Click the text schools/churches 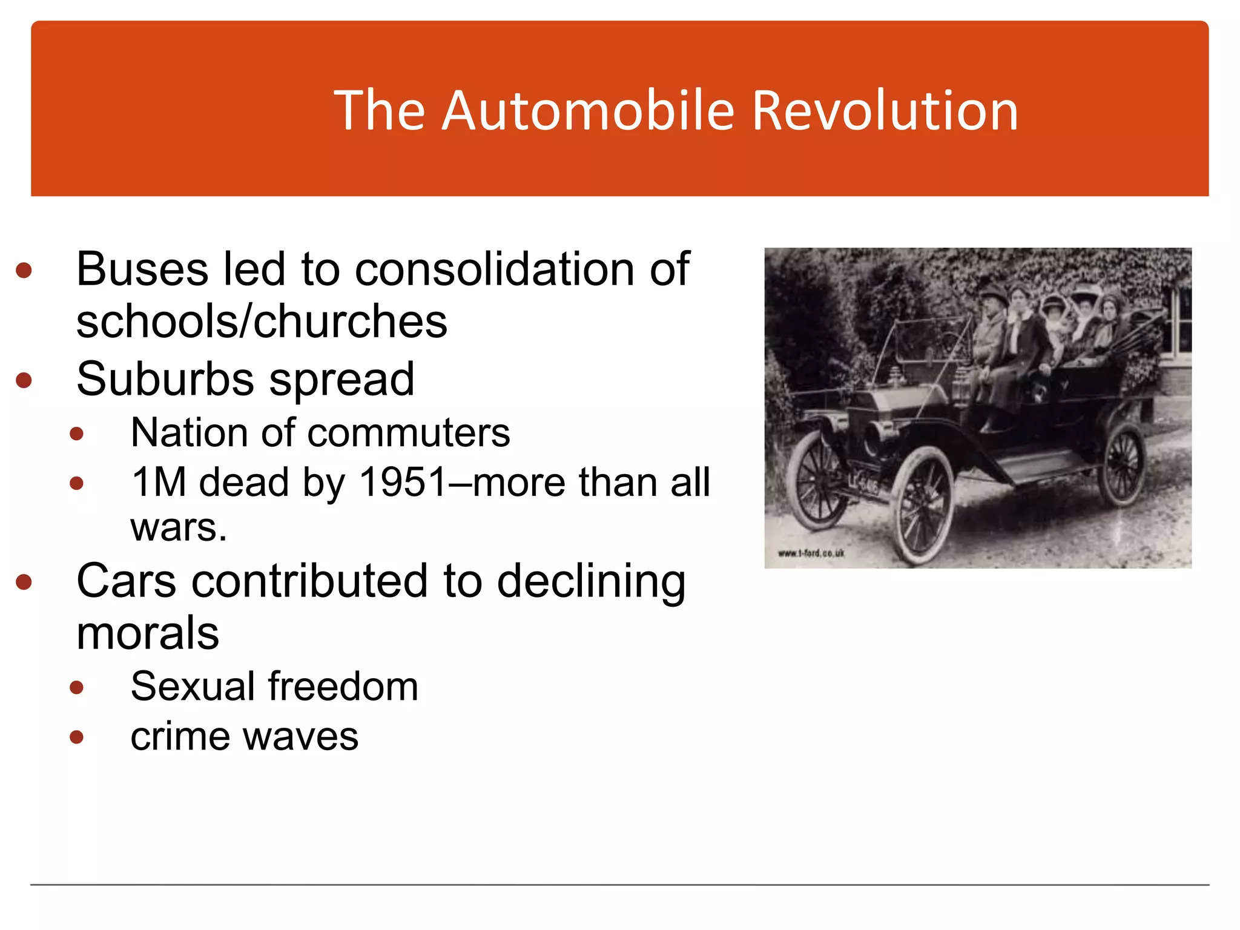point(262,321)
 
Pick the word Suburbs point(165,380)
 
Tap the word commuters point(409,433)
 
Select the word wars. point(179,527)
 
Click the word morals point(148,633)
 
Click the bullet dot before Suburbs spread point(24,381)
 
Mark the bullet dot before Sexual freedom point(76,687)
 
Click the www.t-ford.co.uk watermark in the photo point(811,553)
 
